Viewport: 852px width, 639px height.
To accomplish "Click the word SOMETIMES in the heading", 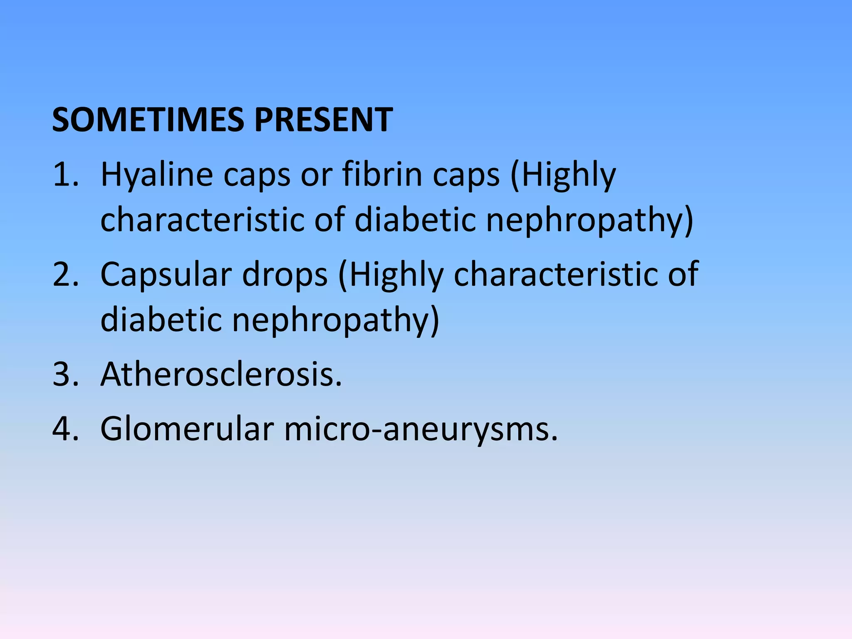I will tap(148, 120).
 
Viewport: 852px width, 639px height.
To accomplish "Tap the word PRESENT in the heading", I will tap(323, 120).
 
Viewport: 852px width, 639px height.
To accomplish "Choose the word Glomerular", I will tap(187, 429).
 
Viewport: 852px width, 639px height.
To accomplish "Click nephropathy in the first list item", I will tap(589, 220).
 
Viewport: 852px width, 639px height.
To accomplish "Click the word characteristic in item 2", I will tap(556, 275).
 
